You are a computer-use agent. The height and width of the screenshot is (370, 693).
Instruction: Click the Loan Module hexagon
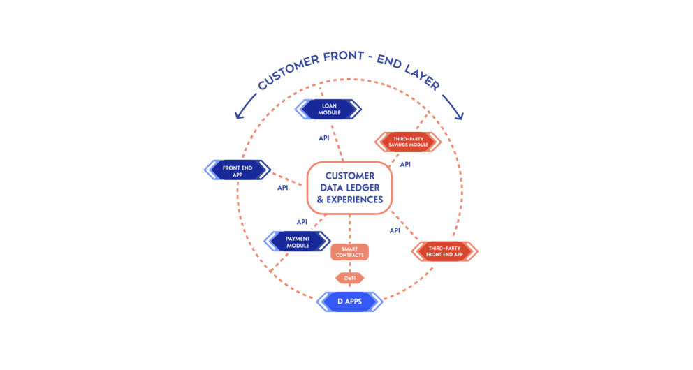click(x=328, y=110)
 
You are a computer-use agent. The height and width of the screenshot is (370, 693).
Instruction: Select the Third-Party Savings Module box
click(x=408, y=142)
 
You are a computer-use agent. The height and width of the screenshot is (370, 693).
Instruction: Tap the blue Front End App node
click(x=238, y=170)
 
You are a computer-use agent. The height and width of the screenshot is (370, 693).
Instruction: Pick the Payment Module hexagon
click(x=298, y=242)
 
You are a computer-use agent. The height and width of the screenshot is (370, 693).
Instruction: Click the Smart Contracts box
click(x=349, y=252)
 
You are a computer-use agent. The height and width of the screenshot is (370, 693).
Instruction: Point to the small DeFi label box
click(x=350, y=278)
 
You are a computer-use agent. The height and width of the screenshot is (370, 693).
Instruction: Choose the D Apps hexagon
click(x=349, y=302)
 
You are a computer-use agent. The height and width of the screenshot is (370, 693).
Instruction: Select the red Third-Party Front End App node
click(x=444, y=251)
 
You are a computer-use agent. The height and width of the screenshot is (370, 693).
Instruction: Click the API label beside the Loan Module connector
click(x=324, y=138)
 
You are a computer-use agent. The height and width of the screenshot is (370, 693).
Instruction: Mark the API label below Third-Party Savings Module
click(x=405, y=165)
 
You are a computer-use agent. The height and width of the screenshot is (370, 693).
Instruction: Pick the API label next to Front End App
click(x=282, y=188)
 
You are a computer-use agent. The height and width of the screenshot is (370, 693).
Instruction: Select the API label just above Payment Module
click(x=302, y=222)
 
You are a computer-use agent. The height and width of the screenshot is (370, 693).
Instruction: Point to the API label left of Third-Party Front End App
click(x=395, y=230)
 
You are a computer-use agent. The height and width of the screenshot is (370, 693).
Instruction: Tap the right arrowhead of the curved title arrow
click(x=461, y=117)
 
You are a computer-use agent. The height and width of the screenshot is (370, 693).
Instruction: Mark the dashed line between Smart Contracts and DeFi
click(x=349, y=267)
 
